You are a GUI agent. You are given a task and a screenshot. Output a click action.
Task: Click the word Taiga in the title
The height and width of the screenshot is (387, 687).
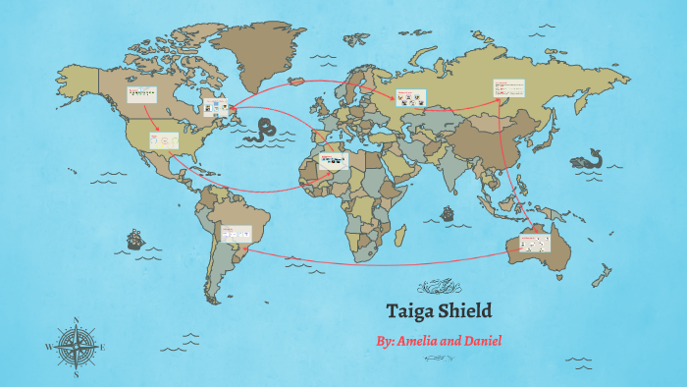click(412, 311)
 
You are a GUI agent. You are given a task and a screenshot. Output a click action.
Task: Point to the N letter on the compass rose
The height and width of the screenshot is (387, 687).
click(77, 320)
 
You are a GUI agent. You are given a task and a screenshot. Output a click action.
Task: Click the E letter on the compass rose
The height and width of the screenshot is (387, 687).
click(103, 348)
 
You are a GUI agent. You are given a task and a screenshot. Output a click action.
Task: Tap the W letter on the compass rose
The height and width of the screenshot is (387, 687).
click(49, 348)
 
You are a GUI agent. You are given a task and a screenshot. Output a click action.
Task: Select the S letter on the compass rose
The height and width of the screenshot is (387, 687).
click(77, 374)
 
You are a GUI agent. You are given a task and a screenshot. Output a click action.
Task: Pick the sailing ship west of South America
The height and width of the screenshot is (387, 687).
click(133, 239)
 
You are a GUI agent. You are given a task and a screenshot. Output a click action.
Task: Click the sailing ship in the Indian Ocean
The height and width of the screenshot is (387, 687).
click(448, 212)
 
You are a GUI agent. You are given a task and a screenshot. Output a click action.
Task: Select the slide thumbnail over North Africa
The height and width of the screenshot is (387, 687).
click(334, 159)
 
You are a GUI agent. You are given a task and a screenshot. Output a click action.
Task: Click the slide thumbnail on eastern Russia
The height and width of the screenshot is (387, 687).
click(508, 88)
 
